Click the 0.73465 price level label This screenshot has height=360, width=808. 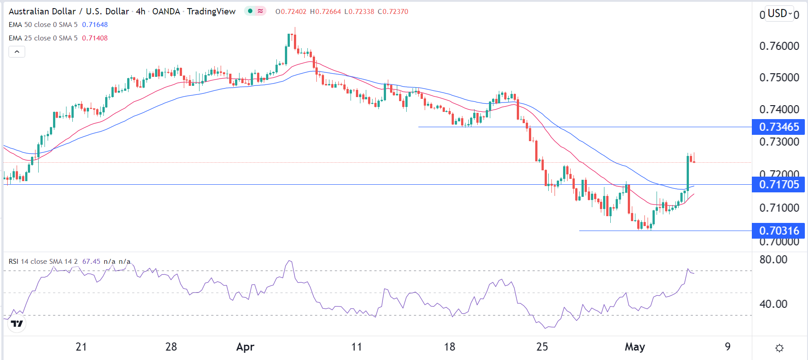point(779,127)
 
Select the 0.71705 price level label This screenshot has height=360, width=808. point(779,185)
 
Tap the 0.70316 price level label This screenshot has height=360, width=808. point(779,231)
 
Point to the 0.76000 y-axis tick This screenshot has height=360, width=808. point(779,46)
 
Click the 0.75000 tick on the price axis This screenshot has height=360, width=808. point(779,77)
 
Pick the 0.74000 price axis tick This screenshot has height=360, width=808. point(779,109)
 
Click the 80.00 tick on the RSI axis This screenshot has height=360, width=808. point(773,260)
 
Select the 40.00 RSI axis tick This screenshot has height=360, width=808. point(773,304)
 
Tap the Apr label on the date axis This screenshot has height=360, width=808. point(245,347)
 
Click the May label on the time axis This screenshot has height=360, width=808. point(635,347)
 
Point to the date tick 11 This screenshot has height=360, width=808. point(356,347)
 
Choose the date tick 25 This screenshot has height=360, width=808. point(542,347)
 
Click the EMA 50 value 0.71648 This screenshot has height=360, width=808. point(95,25)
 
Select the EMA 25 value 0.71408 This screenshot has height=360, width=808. point(95,38)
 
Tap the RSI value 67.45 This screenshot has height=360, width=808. point(91,262)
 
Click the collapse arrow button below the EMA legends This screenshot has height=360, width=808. point(17,52)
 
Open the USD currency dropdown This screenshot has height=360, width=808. point(780,13)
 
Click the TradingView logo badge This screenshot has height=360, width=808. point(17,324)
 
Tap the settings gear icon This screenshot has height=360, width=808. point(779,348)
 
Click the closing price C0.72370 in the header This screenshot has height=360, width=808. point(393,12)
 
